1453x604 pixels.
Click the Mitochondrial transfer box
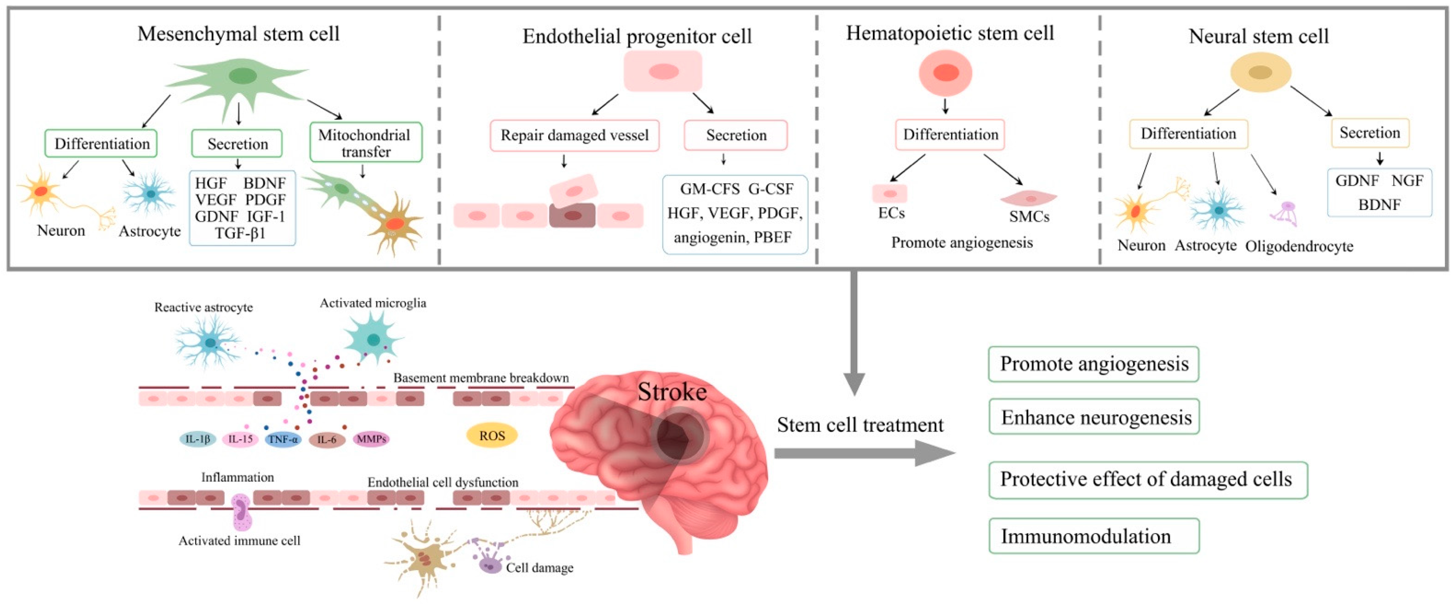(365, 143)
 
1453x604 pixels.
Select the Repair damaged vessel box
(574, 135)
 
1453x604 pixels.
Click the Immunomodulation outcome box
(1093, 536)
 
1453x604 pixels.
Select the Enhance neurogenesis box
(1093, 417)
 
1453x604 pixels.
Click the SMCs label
(1029, 217)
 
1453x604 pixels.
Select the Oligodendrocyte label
(1299, 246)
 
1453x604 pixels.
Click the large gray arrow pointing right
(863, 453)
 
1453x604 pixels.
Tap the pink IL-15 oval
(240, 439)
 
